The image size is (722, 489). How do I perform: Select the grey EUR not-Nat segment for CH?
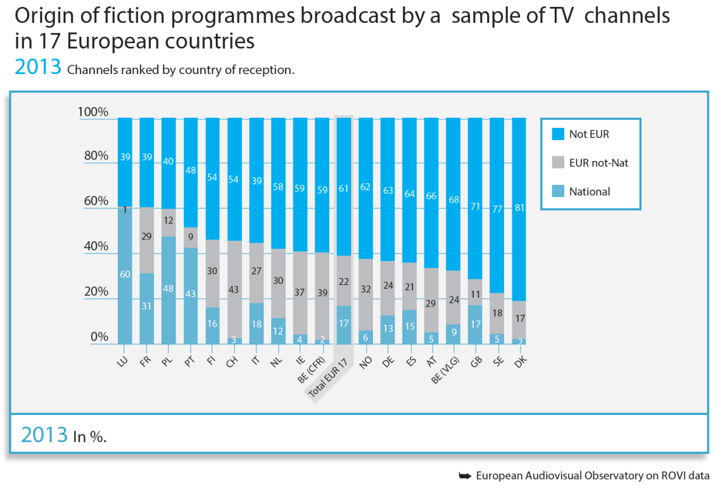coord(234,289)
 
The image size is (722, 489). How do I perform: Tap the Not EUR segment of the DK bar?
coord(519,209)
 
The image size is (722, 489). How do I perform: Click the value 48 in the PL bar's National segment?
coord(168,288)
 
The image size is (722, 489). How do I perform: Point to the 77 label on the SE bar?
coord(497,209)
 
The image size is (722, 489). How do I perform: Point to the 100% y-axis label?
coord(93,112)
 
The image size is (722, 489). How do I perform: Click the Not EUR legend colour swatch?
coord(558,134)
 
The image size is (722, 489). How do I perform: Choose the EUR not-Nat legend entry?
coord(598,163)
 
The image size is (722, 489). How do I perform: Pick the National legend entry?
coord(589,191)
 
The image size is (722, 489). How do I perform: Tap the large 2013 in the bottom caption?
coord(44,435)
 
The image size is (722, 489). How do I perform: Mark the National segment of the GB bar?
coord(475,324)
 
